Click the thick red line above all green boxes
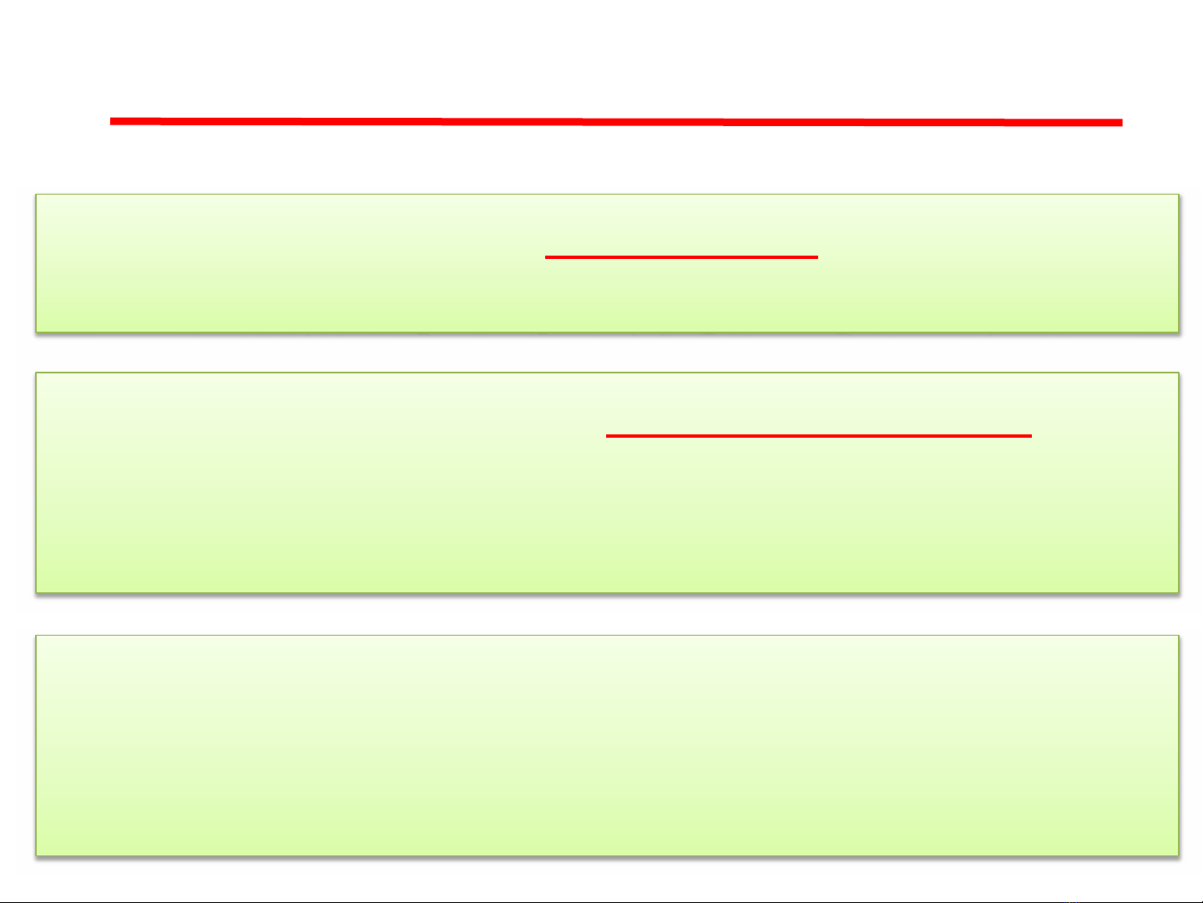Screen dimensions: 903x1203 pos(616,122)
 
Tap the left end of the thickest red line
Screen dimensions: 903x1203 pos(111,121)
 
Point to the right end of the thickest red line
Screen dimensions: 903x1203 pos(1121,123)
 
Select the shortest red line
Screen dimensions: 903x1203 pos(681,257)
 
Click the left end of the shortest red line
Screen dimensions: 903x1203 pos(546,257)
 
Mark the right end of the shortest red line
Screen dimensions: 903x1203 pos(817,257)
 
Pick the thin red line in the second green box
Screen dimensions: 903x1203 pos(819,436)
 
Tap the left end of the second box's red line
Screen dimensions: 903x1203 pos(607,436)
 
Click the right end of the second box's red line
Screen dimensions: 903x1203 pos(1031,436)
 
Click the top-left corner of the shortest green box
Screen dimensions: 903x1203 pos(36,195)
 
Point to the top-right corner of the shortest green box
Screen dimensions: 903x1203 pos(1178,195)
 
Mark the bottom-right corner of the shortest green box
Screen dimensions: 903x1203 pos(1178,332)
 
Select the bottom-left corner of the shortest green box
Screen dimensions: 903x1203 pos(36,332)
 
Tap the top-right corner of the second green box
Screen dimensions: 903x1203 pos(1178,373)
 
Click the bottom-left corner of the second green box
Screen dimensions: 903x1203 pos(36,592)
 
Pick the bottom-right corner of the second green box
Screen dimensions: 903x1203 pos(1178,592)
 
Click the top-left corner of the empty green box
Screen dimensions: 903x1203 pos(36,636)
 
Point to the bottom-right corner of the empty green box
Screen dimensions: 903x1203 pos(1178,855)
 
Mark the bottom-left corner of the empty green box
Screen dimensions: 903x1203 pos(36,855)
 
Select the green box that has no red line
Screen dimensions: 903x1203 pos(607,745)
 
